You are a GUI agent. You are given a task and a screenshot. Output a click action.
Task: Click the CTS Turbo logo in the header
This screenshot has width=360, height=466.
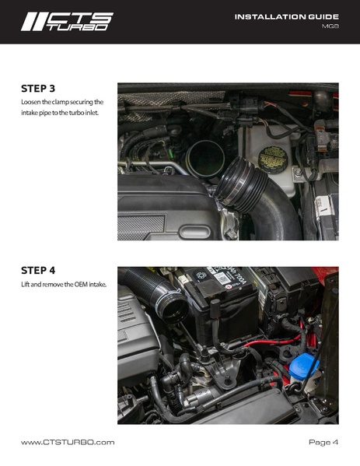(x=67, y=22)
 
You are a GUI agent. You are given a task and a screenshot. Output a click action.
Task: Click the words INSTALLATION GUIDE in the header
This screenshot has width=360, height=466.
(x=287, y=17)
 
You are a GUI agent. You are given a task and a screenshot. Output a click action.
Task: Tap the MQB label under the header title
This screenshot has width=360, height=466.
(x=330, y=26)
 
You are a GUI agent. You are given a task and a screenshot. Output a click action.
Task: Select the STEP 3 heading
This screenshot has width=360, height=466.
(x=38, y=89)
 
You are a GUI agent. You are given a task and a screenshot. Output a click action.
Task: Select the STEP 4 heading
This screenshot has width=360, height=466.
(x=38, y=271)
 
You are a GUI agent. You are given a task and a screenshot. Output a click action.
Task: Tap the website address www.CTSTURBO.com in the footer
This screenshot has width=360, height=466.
(x=68, y=442)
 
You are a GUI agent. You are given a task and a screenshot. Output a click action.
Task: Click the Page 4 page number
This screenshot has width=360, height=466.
(x=323, y=442)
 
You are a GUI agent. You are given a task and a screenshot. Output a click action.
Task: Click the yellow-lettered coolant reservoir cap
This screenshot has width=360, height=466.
(x=273, y=160)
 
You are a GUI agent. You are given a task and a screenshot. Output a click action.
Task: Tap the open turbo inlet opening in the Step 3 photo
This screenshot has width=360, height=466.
(x=205, y=159)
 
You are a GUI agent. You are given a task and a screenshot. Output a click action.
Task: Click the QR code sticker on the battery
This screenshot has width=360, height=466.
(x=222, y=279)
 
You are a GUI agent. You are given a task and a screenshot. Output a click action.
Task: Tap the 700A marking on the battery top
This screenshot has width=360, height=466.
(x=236, y=280)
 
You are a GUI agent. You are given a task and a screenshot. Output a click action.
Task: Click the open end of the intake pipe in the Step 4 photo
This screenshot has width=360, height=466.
(x=173, y=309)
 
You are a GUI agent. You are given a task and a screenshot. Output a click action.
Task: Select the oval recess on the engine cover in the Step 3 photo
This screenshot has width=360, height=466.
(x=194, y=232)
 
